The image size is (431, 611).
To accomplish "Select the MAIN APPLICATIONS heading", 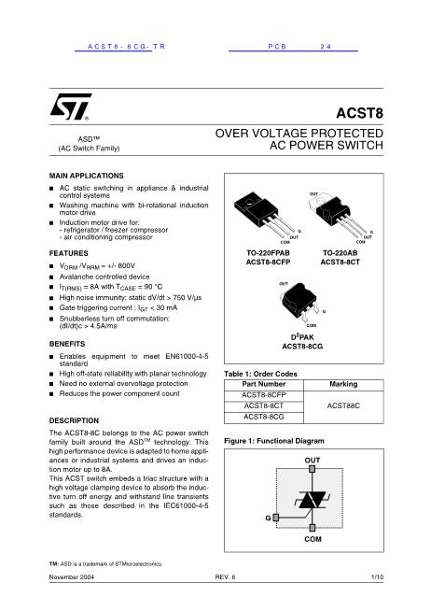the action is click(86, 176).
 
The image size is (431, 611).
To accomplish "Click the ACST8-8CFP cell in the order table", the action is click(263, 394).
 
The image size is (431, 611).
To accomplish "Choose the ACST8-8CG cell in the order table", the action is click(263, 417).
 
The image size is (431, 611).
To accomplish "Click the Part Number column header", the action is click(263, 383).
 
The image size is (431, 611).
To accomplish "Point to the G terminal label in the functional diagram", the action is click(267, 516).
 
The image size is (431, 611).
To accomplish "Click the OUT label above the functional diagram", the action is click(312, 461).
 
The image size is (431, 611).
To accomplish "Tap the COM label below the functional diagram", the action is click(312, 540).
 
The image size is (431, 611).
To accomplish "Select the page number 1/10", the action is click(377, 577).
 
